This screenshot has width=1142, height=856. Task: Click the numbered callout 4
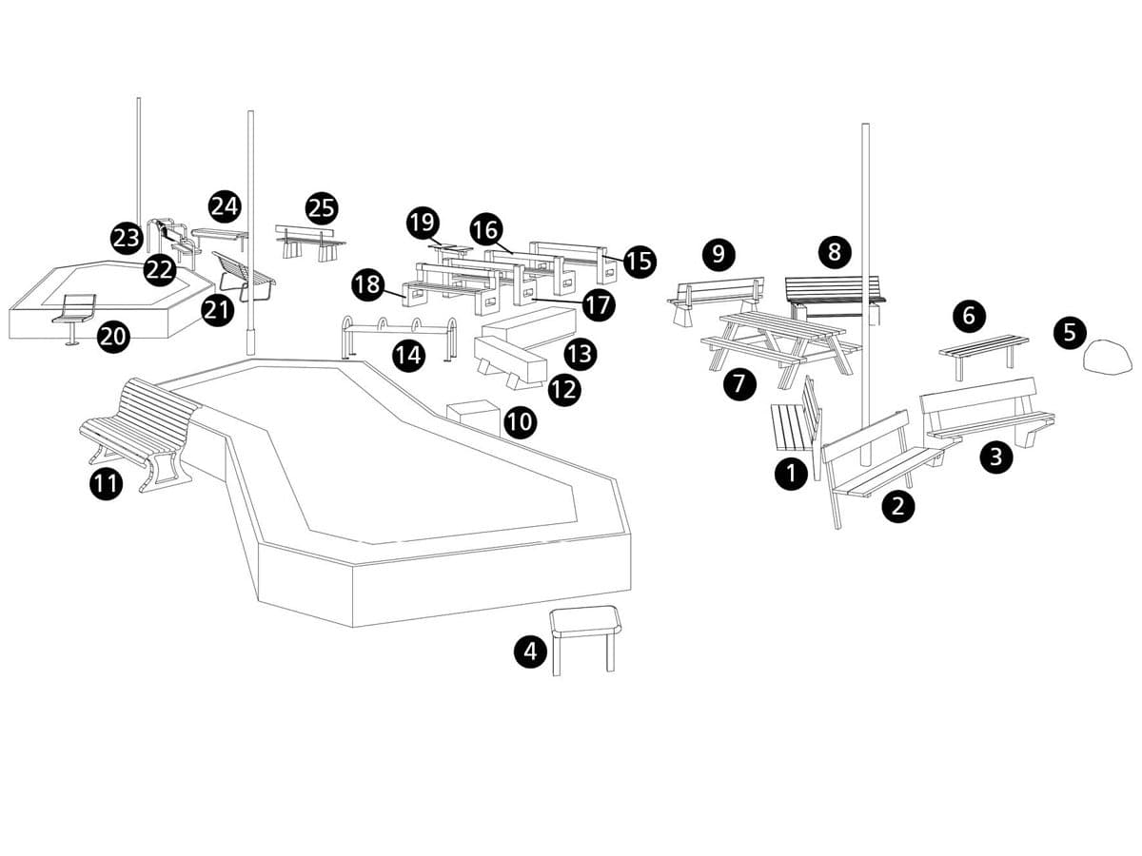point(531,652)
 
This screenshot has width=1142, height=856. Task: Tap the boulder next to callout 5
point(1108,357)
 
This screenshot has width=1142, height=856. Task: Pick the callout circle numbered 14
point(409,356)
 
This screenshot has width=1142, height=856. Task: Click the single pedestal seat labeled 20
point(75,312)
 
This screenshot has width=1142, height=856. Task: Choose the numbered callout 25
point(323,208)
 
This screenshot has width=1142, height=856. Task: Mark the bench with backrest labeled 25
point(310,241)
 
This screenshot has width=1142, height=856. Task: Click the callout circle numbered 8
point(835,252)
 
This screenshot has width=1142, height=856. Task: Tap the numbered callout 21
point(218,310)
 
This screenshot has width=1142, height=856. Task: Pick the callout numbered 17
point(599,305)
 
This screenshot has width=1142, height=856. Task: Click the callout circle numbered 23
point(127,238)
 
